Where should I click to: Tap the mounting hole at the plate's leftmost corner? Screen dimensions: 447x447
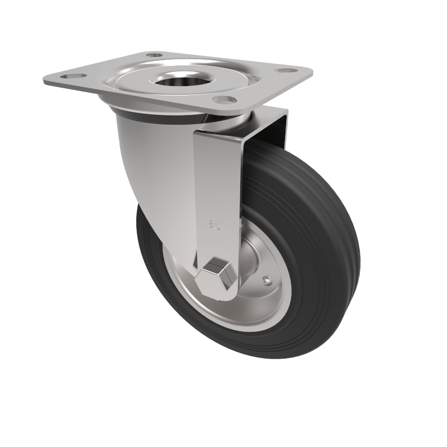tap(73, 75)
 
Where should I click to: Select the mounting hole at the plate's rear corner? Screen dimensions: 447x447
tap(154, 55)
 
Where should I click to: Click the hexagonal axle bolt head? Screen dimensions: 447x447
tap(217, 278)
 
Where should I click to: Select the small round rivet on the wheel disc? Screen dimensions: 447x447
tap(268, 280)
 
